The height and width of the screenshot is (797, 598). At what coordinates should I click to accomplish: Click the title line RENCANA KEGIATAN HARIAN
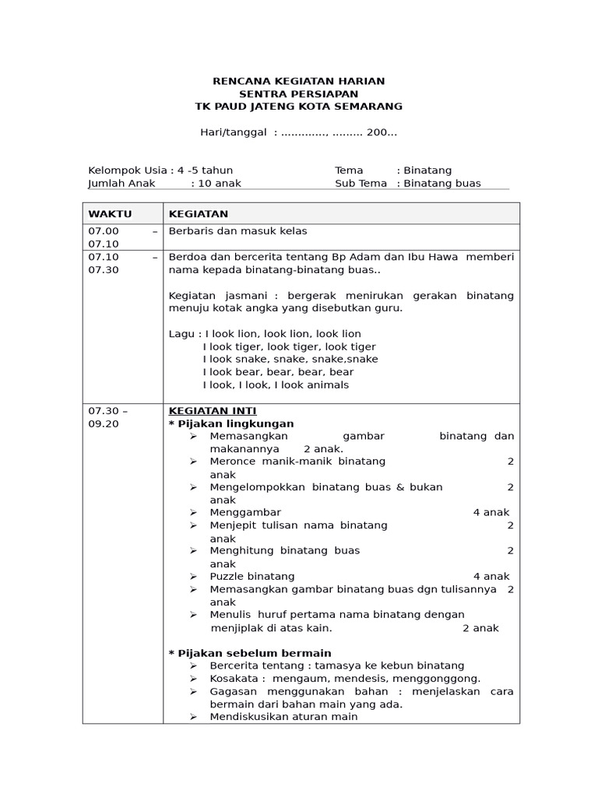[x=299, y=81]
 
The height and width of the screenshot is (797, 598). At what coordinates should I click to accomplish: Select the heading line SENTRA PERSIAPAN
[x=299, y=93]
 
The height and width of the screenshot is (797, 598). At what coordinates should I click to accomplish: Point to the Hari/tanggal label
[x=234, y=132]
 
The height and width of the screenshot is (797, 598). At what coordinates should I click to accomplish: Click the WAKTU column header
[x=110, y=214]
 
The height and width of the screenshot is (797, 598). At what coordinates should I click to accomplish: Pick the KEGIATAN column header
[x=199, y=214]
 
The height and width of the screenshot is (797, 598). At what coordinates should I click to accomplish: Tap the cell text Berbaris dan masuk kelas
[x=237, y=231]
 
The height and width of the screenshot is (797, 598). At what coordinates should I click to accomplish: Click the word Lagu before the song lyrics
[x=181, y=334]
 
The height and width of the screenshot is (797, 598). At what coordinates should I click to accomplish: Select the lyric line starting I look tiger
[x=289, y=346]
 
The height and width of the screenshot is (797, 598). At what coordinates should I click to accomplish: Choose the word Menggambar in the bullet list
[x=245, y=512]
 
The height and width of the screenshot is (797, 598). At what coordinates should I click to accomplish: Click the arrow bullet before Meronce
[x=193, y=462]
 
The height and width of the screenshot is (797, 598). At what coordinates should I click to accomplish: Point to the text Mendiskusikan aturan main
[x=283, y=717]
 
